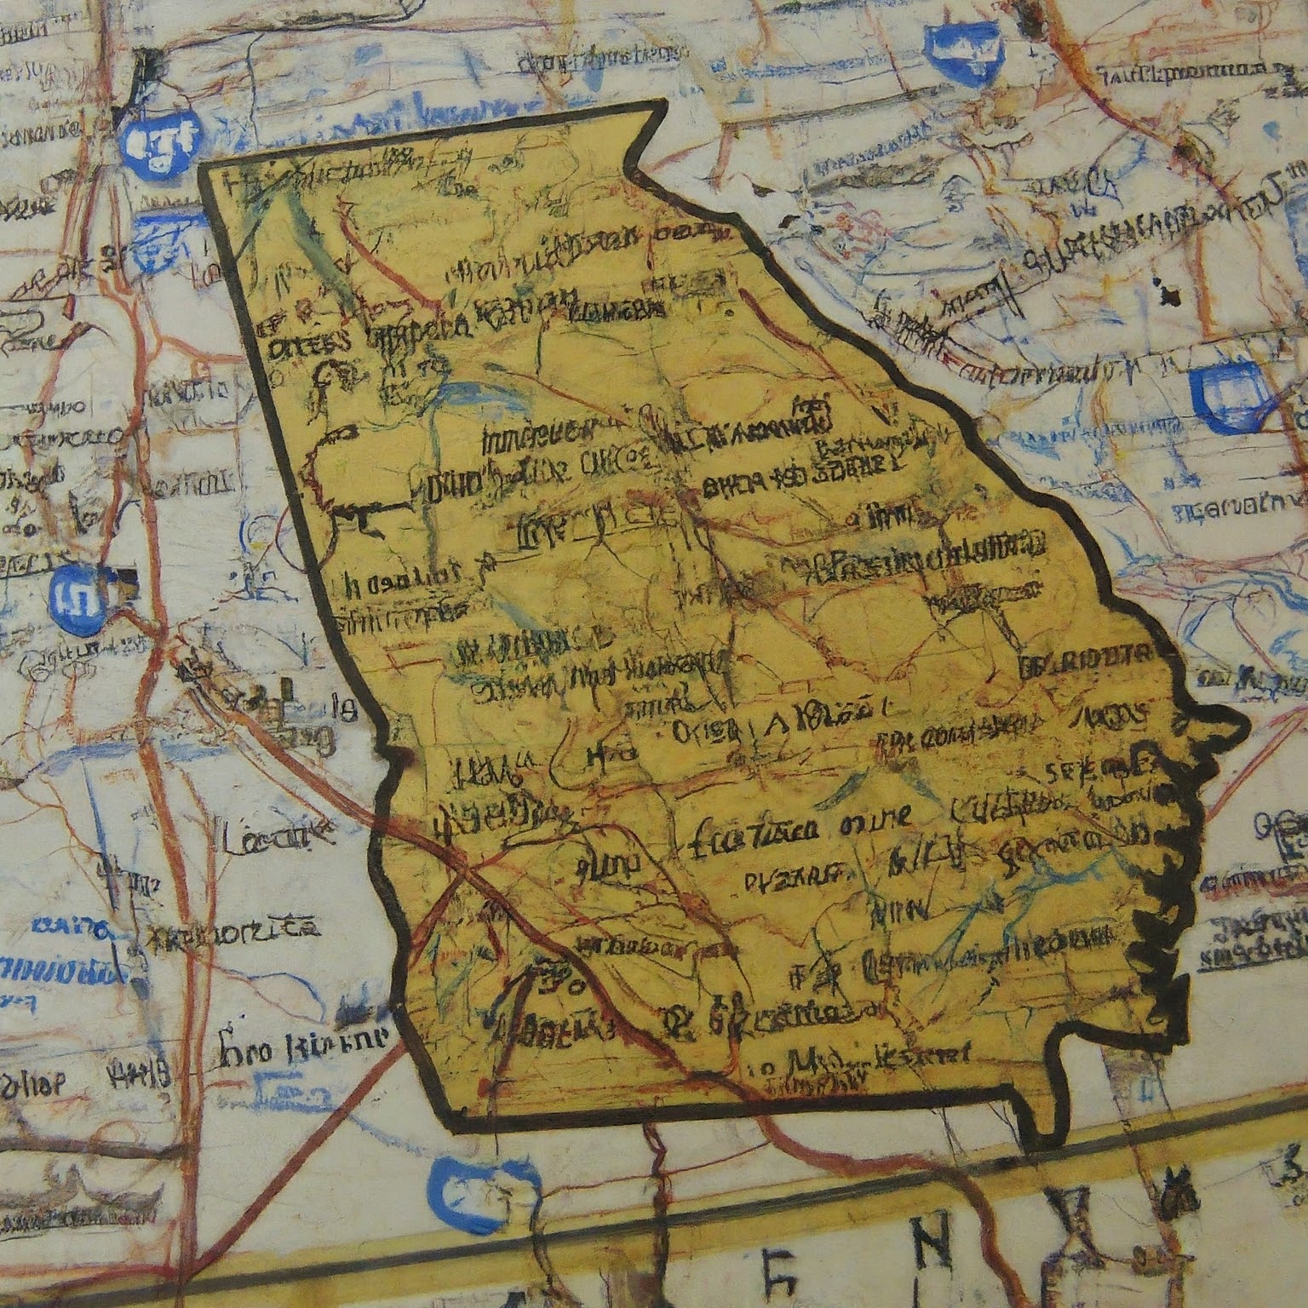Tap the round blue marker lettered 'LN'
coord(77,593)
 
